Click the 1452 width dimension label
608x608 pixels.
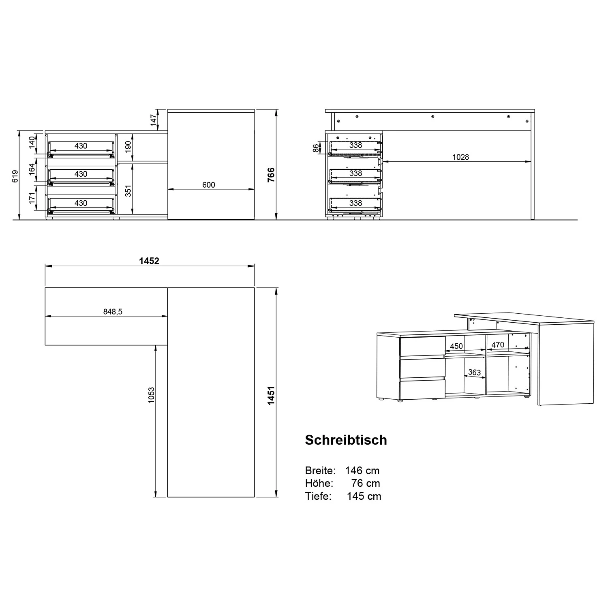point(149,261)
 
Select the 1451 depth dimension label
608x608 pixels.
point(271,395)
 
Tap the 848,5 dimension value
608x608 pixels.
point(113,311)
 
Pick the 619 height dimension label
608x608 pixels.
point(15,176)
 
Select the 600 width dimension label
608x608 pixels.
point(208,185)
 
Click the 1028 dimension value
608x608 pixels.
point(460,157)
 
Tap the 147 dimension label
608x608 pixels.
point(154,120)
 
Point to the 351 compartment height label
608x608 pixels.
point(128,191)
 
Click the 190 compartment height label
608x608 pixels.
point(128,147)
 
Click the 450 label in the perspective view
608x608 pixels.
point(456,346)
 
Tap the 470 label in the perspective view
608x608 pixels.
point(497,345)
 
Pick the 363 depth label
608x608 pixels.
point(474,372)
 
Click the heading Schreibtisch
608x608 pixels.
point(346,440)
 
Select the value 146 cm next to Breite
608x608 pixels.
point(362,471)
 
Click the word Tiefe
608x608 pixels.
point(318,496)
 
